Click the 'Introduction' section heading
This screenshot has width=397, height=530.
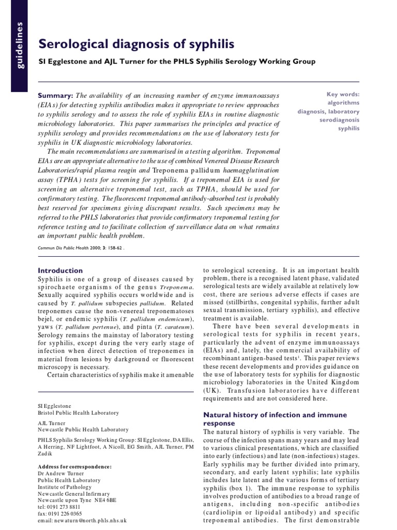[60, 270]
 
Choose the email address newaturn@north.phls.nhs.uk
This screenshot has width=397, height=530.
[83, 520]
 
